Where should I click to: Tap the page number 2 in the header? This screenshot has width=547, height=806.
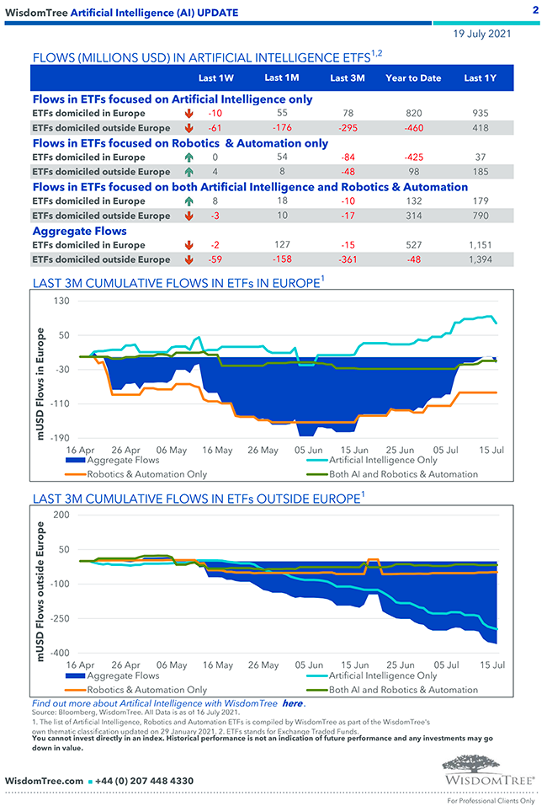pyautogui.click(x=536, y=10)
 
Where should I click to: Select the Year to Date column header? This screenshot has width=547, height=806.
pyautogui.click(x=413, y=78)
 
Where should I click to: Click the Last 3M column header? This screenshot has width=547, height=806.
pyautogui.click(x=347, y=78)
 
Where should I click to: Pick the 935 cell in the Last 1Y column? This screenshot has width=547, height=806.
pyautogui.click(x=480, y=113)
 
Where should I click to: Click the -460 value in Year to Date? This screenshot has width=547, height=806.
pyautogui.click(x=413, y=128)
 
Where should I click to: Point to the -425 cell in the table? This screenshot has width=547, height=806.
pyautogui.click(x=413, y=157)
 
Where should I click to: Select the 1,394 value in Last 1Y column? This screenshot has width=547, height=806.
pyautogui.click(x=480, y=260)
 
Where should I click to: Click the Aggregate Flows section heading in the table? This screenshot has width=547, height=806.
pyautogui.click(x=80, y=231)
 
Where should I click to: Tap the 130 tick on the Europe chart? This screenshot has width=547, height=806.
pyautogui.click(x=61, y=301)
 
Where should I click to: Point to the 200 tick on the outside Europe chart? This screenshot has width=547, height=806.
pyautogui.click(x=61, y=514)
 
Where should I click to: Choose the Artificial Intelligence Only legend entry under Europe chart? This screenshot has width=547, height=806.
pyautogui.click(x=383, y=461)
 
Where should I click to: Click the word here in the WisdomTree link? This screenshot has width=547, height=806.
pyautogui.click(x=292, y=703)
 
